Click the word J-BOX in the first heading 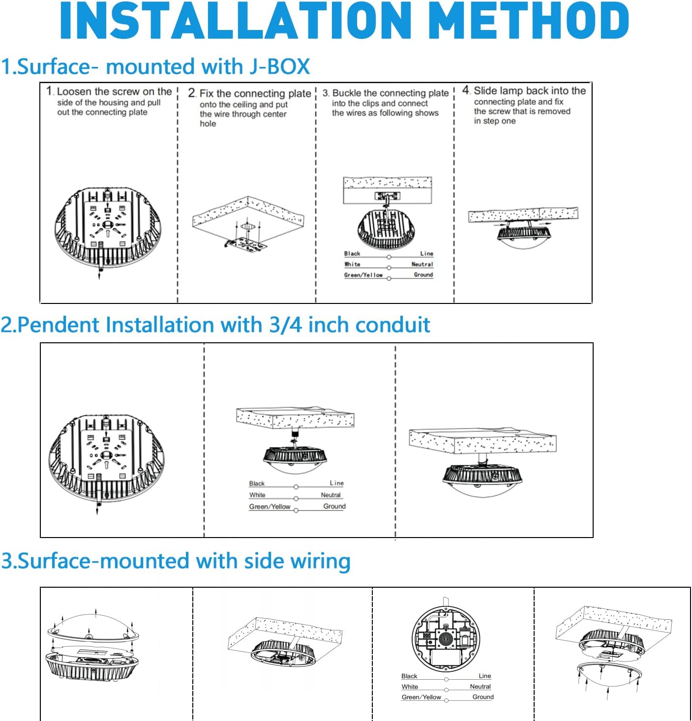click(x=279, y=67)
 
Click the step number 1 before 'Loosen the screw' click(x=49, y=91)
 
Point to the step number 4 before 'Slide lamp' click(x=466, y=90)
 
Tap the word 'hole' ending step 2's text click(x=208, y=123)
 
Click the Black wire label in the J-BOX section click(x=352, y=254)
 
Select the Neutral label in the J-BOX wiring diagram click(x=422, y=264)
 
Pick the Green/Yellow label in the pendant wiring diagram click(x=270, y=507)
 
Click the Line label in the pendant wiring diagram click(x=336, y=483)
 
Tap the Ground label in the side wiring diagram click(x=482, y=697)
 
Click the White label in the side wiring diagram click(x=410, y=687)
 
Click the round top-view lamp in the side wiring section click(x=446, y=638)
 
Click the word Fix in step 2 click(x=207, y=93)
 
